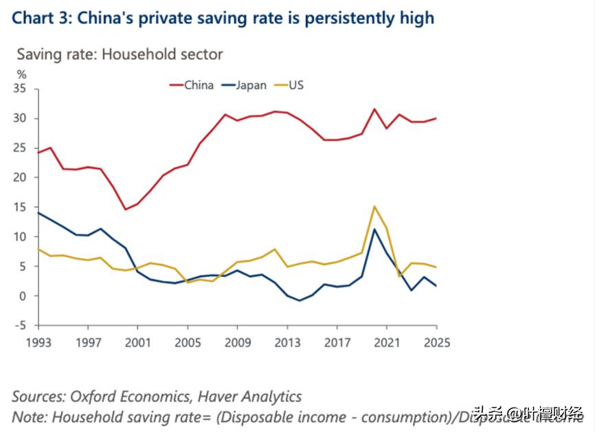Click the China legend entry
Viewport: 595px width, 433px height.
(x=198, y=85)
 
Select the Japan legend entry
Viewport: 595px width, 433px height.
(x=251, y=85)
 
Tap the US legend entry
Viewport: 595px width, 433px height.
(x=295, y=85)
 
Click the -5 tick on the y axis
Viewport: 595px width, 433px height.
(x=21, y=326)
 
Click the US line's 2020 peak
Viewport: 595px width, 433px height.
(x=374, y=206)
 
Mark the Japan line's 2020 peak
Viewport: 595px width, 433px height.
(x=374, y=229)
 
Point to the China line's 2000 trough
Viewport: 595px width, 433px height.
(x=124, y=210)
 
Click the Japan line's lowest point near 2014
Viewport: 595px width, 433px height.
(x=299, y=300)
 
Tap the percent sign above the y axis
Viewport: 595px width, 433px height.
(x=21, y=74)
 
